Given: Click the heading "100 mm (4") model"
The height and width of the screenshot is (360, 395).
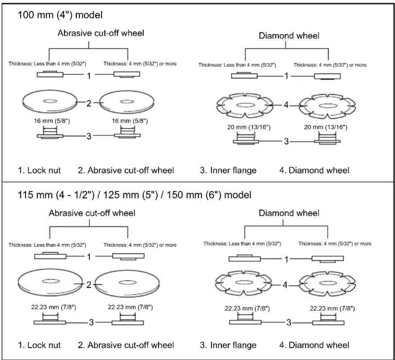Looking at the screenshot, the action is tap(60, 15).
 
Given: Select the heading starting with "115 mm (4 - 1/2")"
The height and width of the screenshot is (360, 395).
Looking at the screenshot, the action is tap(135, 195).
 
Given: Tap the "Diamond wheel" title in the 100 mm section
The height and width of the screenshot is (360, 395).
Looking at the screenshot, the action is tap(289, 36).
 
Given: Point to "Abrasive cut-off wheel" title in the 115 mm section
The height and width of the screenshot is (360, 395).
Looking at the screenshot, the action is tap(92, 213).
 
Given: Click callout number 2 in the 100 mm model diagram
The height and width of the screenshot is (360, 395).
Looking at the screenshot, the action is tap(89, 103).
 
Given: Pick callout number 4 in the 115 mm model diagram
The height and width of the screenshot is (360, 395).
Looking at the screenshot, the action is tap(285, 285).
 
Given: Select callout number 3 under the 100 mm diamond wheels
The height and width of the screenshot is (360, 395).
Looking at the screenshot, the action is tap(286, 141).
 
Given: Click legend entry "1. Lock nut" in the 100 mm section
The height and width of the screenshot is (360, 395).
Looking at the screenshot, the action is tap(39, 170).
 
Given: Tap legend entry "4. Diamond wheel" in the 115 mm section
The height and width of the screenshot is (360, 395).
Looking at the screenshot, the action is tap(314, 345).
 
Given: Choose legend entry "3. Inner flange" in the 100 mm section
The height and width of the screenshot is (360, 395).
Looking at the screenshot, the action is tap(228, 170).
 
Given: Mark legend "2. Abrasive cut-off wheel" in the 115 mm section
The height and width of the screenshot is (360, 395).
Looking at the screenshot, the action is tap(126, 345).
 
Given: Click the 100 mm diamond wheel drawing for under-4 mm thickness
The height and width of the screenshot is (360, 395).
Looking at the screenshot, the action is tap(245, 105).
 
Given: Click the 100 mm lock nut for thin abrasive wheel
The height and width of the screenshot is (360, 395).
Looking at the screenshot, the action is tap(50, 74).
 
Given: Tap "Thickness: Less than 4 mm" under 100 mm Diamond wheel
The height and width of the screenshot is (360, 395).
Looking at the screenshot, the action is tap(237, 65).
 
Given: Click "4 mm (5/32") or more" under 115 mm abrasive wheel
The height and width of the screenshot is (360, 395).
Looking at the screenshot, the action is tap(153, 245).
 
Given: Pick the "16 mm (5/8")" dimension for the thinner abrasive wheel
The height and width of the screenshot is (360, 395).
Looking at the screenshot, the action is tap(52, 121).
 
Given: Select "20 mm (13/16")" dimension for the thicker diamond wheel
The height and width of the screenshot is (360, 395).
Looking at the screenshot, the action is tap(325, 127).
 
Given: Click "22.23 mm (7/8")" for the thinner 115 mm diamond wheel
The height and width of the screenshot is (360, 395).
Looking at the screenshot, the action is tap(247, 308).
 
